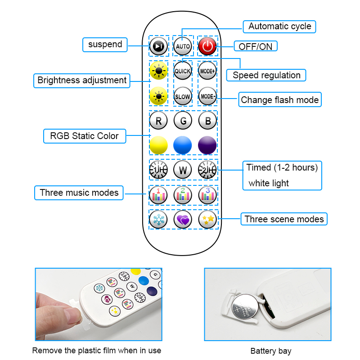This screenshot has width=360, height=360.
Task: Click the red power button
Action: pos(207,45)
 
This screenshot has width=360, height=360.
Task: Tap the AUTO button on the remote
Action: pos(183,46)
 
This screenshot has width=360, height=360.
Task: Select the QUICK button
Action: pos(183,71)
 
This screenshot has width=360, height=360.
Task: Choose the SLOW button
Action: pos(183,96)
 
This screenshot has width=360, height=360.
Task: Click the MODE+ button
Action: pos(207,71)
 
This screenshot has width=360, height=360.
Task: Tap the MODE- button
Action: pos(207,96)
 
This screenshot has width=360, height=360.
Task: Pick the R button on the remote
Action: pos(158,121)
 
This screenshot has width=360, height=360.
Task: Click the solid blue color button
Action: pos(183,145)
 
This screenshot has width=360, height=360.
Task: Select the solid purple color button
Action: pos(207,145)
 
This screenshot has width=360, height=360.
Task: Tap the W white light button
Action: pos(183,170)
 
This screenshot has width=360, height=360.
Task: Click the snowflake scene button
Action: pos(158,219)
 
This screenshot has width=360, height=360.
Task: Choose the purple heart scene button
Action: pos(183,219)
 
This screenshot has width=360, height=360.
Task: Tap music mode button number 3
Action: pos(207,194)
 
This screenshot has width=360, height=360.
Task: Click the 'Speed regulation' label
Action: pos(266,75)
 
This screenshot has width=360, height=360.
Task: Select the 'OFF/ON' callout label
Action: pos(255,46)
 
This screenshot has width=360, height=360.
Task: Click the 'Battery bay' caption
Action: pos(271,351)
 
